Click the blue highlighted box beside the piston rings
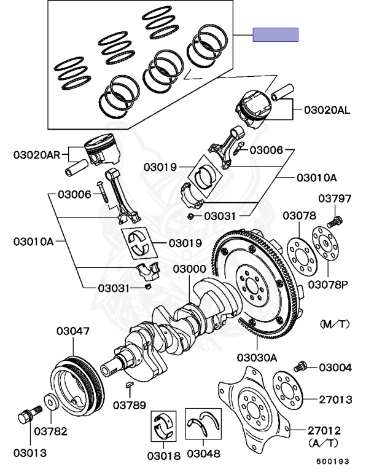[x=275, y=34]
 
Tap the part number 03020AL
[x=327, y=110]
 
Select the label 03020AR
[x=37, y=155]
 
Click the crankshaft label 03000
[x=190, y=269]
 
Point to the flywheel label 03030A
[x=257, y=358]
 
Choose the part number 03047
[x=73, y=331]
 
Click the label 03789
[x=130, y=405]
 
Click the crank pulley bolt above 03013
[x=30, y=414]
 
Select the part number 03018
[x=164, y=456]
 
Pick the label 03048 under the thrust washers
[x=203, y=454]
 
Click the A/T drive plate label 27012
[x=324, y=430]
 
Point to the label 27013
[x=335, y=399]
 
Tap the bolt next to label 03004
[x=300, y=366]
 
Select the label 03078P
[x=328, y=285]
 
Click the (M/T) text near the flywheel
[x=335, y=324]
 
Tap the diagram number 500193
[x=332, y=461]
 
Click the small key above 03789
[x=129, y=383]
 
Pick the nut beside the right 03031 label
[x=190, y=216]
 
